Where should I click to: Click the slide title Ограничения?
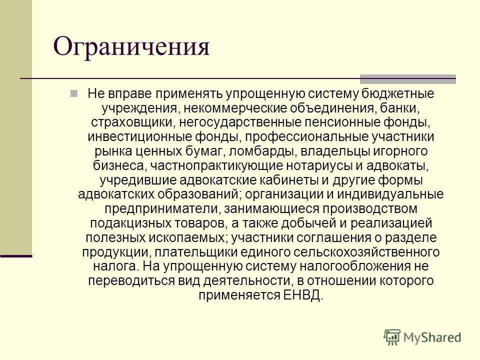[131, 46]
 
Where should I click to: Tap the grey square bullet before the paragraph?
[74, 93]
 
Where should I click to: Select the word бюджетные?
[397, 93]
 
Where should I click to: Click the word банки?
[398, 108]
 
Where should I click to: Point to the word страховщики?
[133, 122]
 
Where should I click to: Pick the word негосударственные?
[240, 122]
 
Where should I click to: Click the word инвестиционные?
[139, 137]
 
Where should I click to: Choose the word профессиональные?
[306, 137]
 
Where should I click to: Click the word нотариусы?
[318, 165]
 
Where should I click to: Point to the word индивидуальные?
[390, 194]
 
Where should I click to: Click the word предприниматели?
[162, 209]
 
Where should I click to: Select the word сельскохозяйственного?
[366, 252]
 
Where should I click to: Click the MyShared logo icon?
[392, 337]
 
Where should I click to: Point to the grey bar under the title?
[408, 79]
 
